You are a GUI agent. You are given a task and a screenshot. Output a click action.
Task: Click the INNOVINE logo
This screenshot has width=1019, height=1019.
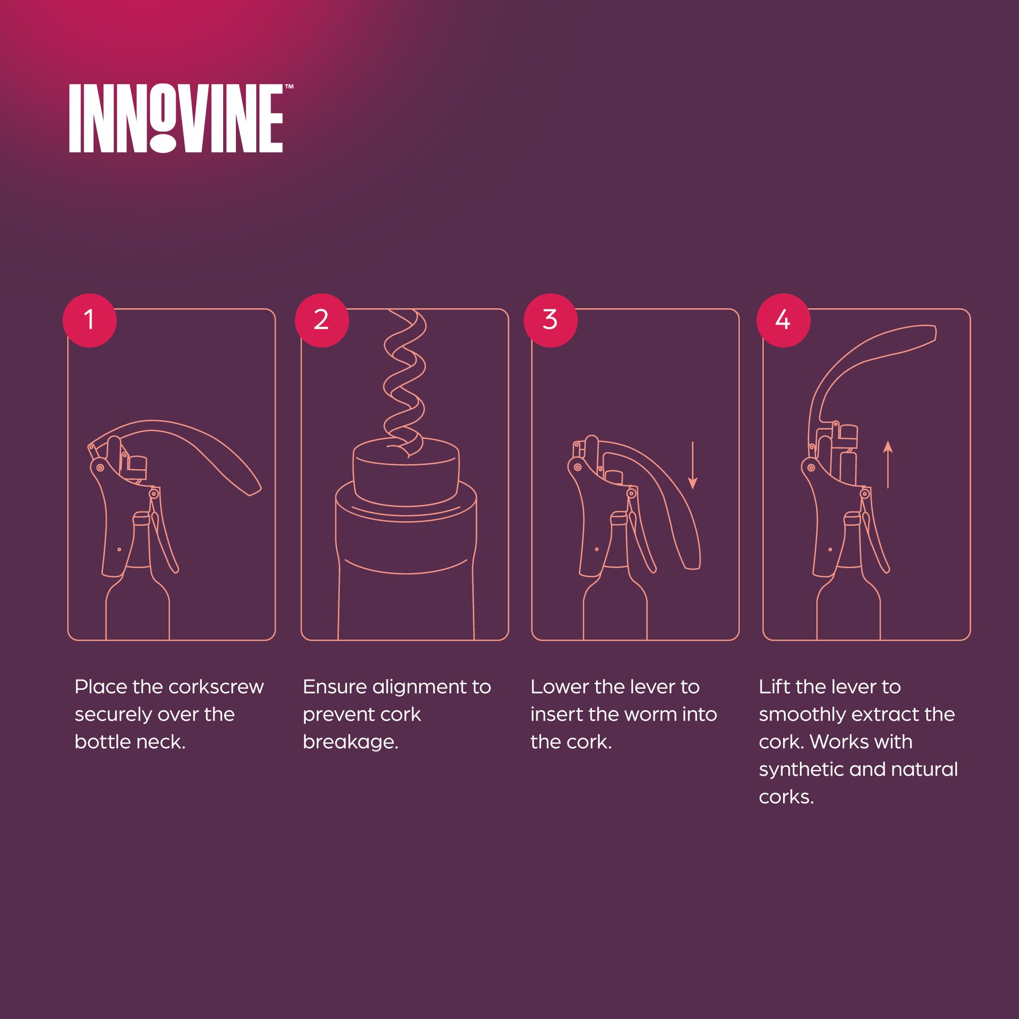click(176, 119)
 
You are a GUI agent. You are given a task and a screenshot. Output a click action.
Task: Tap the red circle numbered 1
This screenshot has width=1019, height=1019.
click(90, 320)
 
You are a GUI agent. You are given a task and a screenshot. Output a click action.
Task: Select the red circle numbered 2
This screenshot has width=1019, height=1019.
click(321, 320)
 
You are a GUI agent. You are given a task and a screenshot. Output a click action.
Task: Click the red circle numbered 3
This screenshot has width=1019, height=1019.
click(550, 320)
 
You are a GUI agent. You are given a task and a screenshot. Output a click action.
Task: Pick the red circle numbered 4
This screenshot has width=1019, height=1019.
click(783, 320)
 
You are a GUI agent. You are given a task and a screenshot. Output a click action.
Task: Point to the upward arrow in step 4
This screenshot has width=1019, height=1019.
click(888, 464)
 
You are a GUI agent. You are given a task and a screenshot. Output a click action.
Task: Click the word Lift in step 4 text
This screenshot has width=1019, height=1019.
click(774, 687)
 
